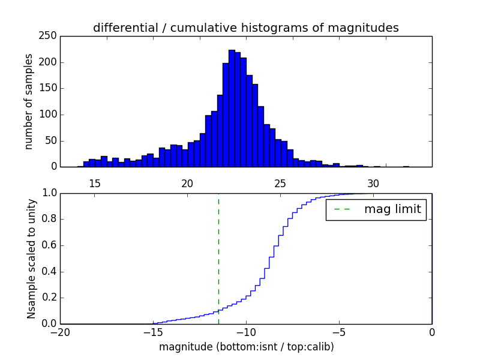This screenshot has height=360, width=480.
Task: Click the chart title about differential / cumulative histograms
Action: coord(245,28)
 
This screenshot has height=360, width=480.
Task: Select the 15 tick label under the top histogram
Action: coord(95,183)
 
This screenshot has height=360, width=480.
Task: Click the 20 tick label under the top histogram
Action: coord(187,183)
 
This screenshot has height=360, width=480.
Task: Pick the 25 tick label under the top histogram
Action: coord(280,183)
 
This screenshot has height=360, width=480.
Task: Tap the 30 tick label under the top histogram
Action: coord(373,183)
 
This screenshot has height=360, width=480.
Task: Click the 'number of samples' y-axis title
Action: coord(29,101)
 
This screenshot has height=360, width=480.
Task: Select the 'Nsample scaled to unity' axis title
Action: coord(31,259)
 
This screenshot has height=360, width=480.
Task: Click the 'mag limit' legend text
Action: coord(392,210)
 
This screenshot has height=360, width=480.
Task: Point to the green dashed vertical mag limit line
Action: coord(218,258)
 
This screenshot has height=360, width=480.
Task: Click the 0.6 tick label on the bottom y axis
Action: coord(49,245)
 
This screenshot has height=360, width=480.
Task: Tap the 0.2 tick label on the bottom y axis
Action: coord(49,298)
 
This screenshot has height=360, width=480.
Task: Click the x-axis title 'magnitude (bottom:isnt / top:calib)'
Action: coord(246,347)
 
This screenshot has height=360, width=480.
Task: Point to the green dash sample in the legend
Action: coord(343,210)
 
